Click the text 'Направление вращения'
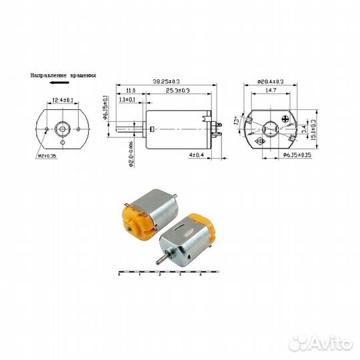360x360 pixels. click(x=63, y=76)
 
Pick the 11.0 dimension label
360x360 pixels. click(x=131, y=91)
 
